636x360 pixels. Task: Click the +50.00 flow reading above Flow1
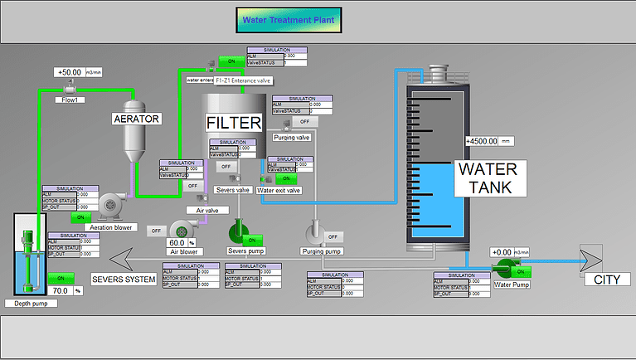[70, 72]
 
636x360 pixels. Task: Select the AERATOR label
[136, 119]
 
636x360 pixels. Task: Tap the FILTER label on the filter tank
[234, 123]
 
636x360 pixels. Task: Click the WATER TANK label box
[488, 178]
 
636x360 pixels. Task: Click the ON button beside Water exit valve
[286, 178]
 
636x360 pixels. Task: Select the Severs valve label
[233, 190]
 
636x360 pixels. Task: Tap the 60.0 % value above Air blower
[181, 242]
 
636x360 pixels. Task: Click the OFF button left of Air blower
[156, 230]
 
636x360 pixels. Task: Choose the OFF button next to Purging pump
[333, 237]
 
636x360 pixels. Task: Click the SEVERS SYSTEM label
[124, 280]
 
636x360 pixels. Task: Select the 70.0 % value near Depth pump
[60, 291]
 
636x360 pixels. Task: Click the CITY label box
[607, 280]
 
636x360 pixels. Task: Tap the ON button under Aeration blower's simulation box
[80, 217]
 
